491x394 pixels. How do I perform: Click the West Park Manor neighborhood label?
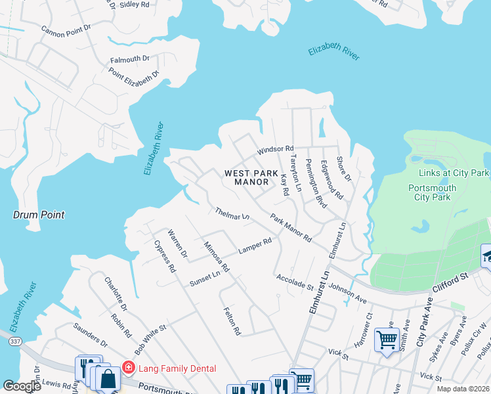(251, 177)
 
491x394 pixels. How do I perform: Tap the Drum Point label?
(39, 215)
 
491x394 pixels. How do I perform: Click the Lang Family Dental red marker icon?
(129, 368)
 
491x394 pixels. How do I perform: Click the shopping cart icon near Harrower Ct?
(386, 340)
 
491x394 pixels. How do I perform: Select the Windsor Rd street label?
(275, 150)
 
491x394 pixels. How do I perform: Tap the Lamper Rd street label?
(255, 246)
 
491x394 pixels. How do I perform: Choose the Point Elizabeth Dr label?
(134, 77)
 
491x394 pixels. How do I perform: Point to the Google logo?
(22, 386)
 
